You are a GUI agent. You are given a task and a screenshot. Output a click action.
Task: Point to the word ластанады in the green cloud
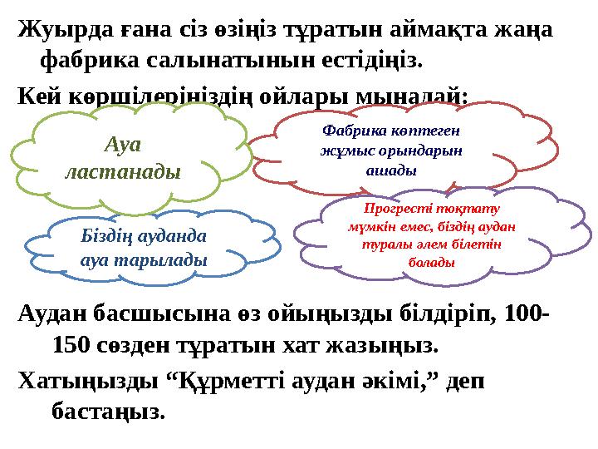[x=122, y=171]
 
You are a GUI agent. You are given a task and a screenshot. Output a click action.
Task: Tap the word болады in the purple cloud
[x=431, y=263]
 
